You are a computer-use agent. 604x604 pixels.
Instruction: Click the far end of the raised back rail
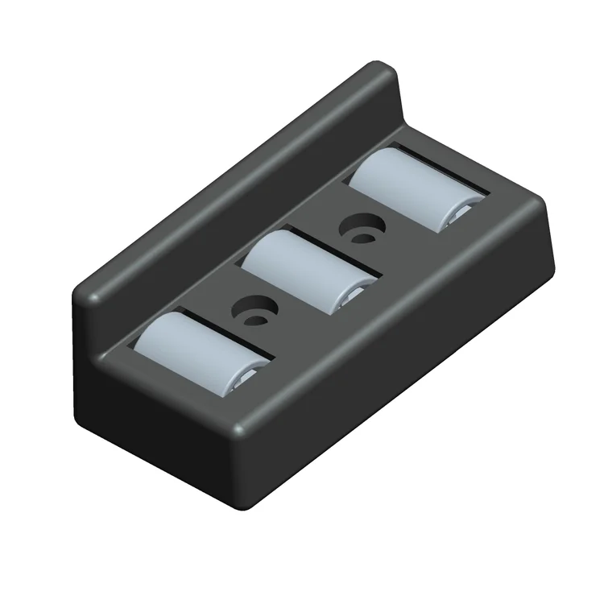click(387, 77)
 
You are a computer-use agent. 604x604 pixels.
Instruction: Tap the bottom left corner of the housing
click(81, 403)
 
